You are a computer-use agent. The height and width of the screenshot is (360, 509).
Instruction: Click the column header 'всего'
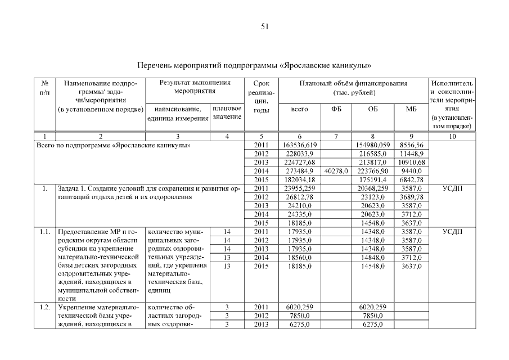coord(299,109)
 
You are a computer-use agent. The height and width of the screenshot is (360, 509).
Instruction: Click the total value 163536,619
coord(299,145)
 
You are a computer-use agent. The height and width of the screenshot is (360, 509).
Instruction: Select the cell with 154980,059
coord(372,145)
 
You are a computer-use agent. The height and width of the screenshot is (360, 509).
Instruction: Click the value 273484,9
coord(299,170)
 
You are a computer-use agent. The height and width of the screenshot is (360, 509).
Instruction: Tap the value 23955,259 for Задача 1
coord(299,188)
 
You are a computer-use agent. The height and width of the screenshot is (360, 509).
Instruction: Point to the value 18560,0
coord(299,257)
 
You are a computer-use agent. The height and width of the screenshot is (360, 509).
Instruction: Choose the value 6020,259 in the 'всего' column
coord(299,307)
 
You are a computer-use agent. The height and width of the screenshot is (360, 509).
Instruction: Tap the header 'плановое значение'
coord(227,112)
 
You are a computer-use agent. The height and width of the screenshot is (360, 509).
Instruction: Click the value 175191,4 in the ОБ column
coord(372,179)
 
